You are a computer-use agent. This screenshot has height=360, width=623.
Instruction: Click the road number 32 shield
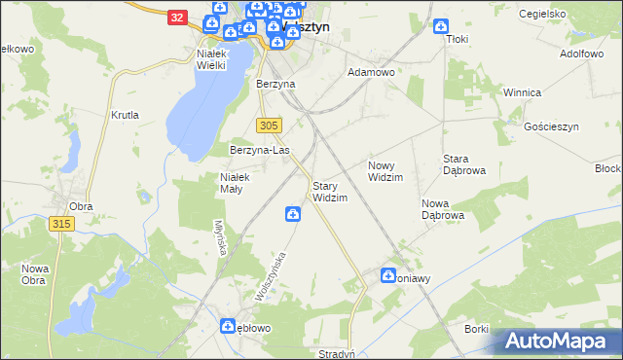click(175, 18)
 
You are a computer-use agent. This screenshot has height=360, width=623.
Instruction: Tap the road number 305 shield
click(271, 126)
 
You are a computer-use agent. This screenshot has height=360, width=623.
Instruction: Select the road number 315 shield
click(60, 224)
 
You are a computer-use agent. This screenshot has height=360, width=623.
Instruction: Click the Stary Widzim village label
click(329, 191)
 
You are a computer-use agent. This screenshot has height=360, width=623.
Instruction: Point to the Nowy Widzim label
click(385, 171)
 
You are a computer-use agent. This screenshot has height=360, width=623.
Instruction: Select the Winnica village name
click(521, 92)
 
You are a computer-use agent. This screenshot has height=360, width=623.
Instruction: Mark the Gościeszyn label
click(551, 127)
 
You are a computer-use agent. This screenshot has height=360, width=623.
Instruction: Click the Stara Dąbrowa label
click(464, 163)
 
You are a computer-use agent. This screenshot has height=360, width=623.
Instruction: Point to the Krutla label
click(126, 115)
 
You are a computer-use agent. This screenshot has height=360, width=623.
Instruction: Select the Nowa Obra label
click(35, 274)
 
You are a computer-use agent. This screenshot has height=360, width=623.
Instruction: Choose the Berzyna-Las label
click(260, 151)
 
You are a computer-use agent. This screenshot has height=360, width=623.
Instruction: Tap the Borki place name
click(476, 329)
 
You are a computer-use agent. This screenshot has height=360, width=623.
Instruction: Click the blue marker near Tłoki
click(440, 26)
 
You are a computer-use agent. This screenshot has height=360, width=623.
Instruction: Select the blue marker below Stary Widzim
click(292, 212)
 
